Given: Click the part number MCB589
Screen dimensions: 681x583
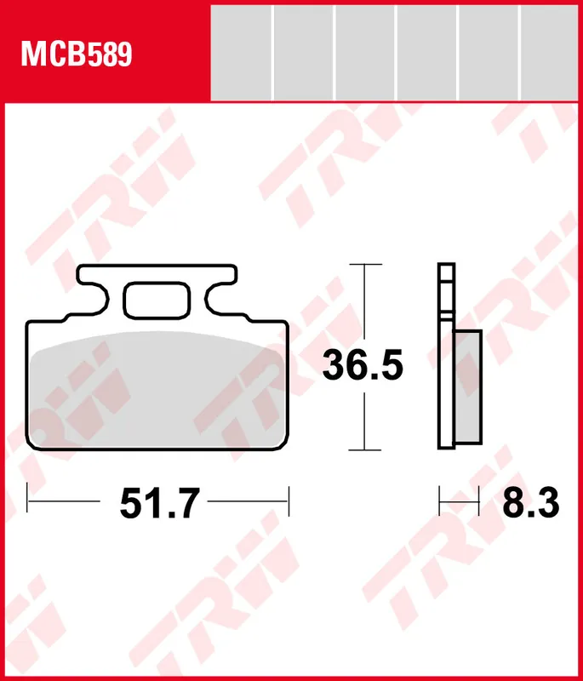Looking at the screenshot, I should tap(77, 55).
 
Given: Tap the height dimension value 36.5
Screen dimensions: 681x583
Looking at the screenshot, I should tap(362, 367).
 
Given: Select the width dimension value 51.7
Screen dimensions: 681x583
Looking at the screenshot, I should tap(159, 504).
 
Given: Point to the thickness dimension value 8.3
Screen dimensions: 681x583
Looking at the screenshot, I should tap(530, 504).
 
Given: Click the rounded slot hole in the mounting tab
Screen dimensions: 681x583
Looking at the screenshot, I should tap(157, 299).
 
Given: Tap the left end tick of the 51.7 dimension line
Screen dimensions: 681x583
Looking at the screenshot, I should tap(28, 501).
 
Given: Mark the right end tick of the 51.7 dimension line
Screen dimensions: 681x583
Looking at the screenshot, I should tap(289, 501).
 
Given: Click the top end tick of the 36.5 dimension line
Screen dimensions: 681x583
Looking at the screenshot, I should tap(364, 265).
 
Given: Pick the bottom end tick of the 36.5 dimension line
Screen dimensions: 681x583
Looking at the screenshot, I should tap(364, 449).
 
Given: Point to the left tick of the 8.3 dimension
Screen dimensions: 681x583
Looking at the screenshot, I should tap(439, 501).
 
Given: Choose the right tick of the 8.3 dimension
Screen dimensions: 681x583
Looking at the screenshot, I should tap(480, 501).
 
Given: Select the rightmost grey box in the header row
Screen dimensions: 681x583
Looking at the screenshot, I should tap(550, 52).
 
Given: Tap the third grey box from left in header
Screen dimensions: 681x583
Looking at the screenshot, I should tap(364, 52).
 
